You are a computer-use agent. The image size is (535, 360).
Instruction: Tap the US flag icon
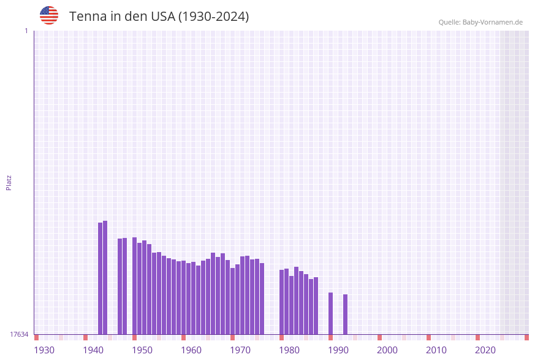tap(49, 15)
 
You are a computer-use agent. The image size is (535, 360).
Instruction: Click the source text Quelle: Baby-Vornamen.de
tap(480, 22)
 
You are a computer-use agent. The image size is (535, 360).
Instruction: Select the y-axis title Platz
tap(9, 182)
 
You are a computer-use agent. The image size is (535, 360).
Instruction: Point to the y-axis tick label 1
tap(26, 31)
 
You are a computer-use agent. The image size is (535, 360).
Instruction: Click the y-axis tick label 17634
tap(19, 334)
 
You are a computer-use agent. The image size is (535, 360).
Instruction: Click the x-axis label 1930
tap(44, 350)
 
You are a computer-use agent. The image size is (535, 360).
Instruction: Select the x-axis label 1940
tap(93, 350)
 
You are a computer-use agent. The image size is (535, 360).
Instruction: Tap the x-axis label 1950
tap(142, 350)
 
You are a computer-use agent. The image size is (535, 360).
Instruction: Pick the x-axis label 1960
tap(191, 350)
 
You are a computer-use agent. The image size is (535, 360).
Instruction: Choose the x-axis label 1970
tap(240, 350)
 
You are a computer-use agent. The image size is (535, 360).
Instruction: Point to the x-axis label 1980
tap(289, 350)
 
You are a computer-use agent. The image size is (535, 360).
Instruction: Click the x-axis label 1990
tap(338, 350)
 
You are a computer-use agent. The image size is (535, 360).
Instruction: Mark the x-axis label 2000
tap(387, 350)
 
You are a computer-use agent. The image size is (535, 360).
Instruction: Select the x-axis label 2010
tap(436, 350)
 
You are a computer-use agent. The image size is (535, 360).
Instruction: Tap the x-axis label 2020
tap(485, 350)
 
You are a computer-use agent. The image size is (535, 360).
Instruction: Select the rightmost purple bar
tap(345, 314)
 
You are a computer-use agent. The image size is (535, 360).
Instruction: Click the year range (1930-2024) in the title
tap(213, 17)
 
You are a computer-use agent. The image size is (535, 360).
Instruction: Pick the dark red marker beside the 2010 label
tap(428, 337)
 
